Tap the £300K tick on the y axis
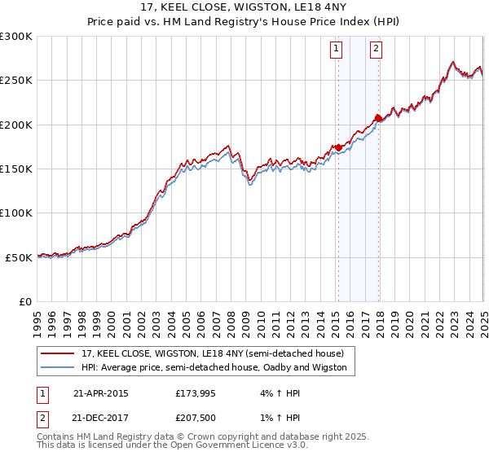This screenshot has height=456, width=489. (x=16, y=37)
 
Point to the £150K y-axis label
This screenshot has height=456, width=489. (x=16, y=169)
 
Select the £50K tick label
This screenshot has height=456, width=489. (x=20, y=256)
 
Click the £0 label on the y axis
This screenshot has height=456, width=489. (x=24, y=301)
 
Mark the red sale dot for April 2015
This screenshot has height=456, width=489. (x=338, y=147)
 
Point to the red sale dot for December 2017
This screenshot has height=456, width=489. (x=378, y=118)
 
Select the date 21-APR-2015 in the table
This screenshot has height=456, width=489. (x=101, y=393)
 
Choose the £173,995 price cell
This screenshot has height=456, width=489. (x=196, y=393)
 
